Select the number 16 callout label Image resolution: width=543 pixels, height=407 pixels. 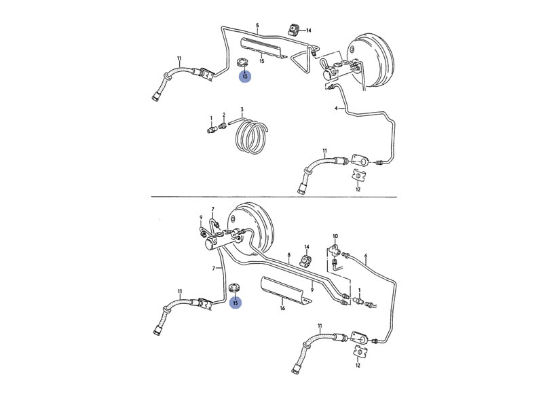tap(282, 307)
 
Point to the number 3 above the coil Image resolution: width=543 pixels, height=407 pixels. tap(242, 109)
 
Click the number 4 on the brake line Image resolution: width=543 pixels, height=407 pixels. tap(335, 108)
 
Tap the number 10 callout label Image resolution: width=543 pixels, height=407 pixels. tap(335, 234)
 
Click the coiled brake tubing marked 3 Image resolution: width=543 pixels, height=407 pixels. tap(250, 139)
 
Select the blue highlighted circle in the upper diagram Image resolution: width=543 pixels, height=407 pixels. tap(244, 76)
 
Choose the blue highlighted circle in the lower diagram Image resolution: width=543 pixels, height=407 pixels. tap(236, 303)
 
